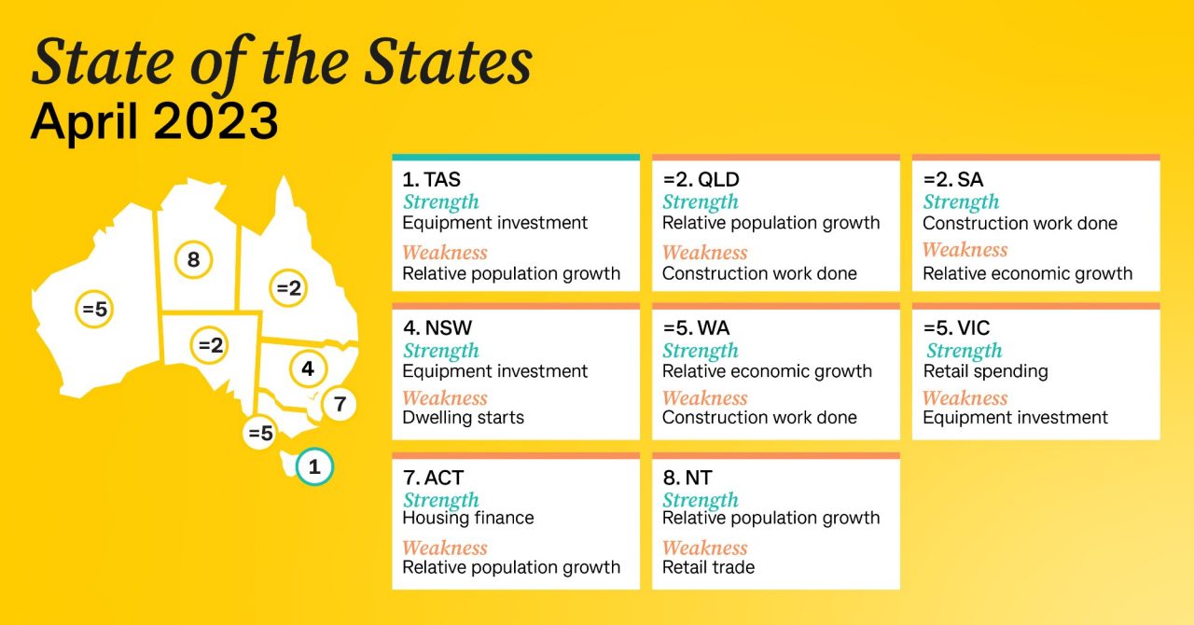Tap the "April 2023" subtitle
154,122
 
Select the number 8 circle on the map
193,259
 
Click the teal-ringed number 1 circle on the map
314,467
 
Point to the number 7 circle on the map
340,405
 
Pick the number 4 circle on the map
308,368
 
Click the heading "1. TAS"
431,180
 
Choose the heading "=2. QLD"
701,180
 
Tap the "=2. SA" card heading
953,180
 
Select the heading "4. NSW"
438,328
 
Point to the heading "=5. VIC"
956,328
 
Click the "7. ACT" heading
433,478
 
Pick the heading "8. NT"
687,478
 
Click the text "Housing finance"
468,518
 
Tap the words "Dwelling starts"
463,418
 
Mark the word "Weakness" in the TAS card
445,253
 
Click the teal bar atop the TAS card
516,158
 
